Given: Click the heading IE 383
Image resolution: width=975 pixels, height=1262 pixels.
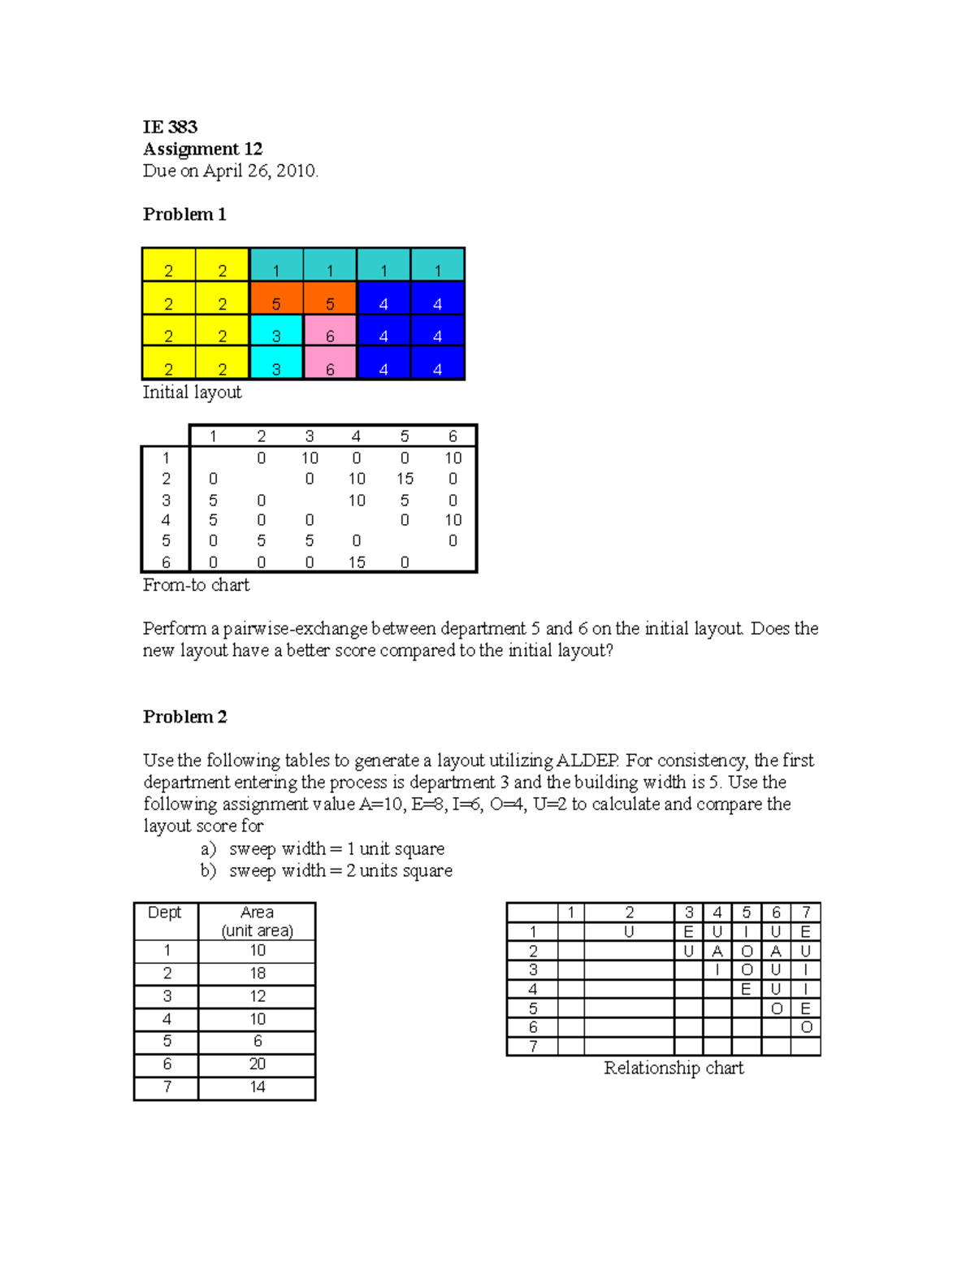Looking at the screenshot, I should tap(170, 127).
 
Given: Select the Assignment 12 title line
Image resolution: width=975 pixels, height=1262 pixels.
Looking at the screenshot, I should tap(202, 149).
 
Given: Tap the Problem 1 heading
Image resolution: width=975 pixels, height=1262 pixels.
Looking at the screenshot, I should tap(184, 215).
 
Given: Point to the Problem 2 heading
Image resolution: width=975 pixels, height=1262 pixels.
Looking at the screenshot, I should tap(184, 717).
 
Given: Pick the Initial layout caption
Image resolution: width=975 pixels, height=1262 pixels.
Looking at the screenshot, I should tap(192, 392).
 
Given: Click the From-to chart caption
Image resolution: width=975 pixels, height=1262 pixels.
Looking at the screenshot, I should tap(196, 585).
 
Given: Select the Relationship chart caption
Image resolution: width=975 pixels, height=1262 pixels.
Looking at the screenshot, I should tap(673, 1068).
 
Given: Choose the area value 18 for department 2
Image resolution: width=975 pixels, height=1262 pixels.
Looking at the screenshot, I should tap(258, 974).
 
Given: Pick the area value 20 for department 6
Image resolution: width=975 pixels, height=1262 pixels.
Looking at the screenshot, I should tap(258, 1065).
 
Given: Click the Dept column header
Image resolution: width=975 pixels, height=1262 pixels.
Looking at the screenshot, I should tap(165, 913).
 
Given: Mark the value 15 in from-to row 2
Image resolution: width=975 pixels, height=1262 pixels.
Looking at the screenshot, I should tap(405, 479).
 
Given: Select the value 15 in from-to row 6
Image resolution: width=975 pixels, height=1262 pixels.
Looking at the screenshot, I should tap(357, 562).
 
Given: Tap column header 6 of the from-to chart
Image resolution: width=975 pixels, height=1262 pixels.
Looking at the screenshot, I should tap(453, 436).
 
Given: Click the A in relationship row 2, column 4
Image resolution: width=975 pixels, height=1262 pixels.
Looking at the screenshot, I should tap(717, 951).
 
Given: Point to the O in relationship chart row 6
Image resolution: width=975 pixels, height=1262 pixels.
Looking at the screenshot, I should tap(806, 1027).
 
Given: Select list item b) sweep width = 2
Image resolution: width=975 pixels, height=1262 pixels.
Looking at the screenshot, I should tap(327, 871).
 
